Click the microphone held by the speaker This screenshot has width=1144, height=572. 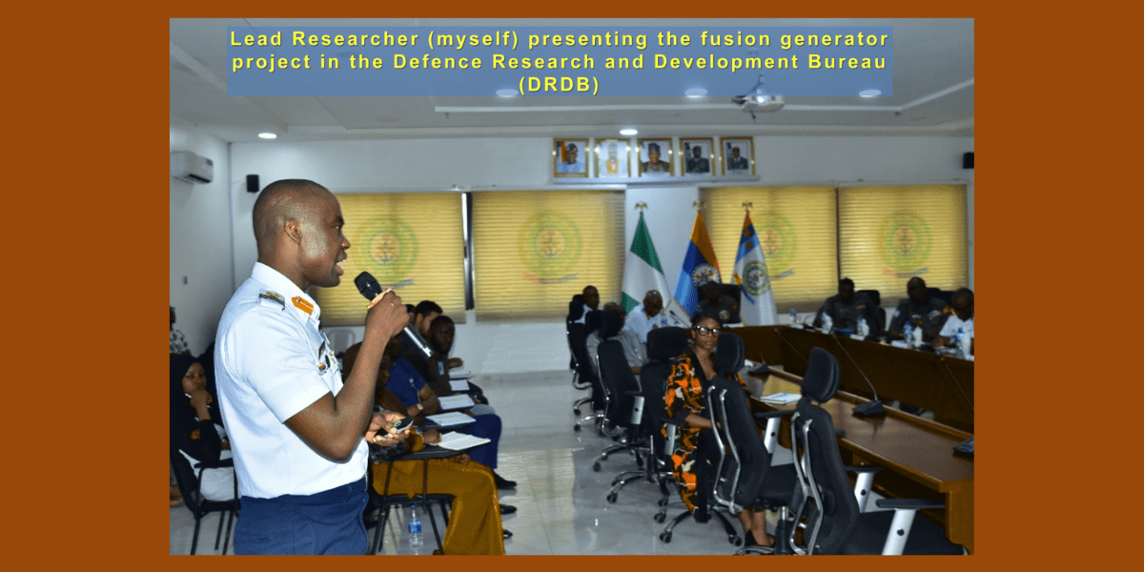391,312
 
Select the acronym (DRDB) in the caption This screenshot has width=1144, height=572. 560,85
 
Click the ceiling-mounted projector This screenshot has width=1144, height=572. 761,101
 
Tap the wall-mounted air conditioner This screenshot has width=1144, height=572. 192,167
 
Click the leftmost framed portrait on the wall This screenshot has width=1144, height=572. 570,157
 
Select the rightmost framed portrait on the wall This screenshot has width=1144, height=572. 737,155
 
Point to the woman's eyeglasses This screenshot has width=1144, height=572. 707,331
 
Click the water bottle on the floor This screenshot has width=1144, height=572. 415,527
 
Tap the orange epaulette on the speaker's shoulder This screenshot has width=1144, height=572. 302,305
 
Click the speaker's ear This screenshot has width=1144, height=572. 294,232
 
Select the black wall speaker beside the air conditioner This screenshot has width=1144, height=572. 253,183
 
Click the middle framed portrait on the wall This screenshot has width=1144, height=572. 655,156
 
